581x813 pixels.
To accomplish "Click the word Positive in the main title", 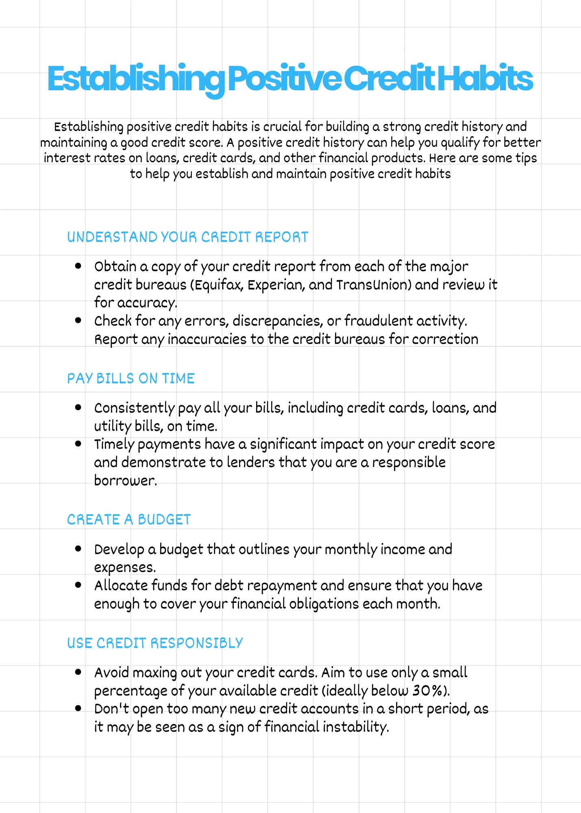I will click(285, 79).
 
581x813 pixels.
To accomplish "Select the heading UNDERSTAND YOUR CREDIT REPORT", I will click(187, 237).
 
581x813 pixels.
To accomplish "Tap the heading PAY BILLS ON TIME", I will click(131, 378).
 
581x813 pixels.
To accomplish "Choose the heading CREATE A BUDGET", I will click(128, 520).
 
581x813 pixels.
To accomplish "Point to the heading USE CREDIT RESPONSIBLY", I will click(155, 643).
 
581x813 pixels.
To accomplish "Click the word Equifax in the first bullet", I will click(219, 285).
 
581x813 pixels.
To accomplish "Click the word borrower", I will click(125, 480).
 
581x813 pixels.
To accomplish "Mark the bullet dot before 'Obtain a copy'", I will click(78, 266).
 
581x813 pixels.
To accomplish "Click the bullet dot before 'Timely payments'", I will click(78, 443).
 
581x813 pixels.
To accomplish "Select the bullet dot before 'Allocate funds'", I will click(78, 585).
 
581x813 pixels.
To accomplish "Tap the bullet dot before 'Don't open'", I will click(78, 708).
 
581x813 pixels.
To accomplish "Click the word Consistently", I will click(134, 408).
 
